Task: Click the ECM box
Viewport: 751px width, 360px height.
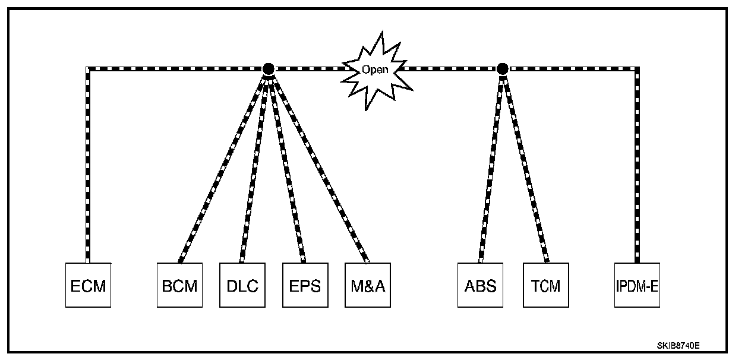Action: click(88, 285)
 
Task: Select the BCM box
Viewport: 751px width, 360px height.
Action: click(179, 285)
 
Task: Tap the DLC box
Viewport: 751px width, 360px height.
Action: click(242, 285)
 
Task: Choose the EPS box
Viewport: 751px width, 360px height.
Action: click(305, 285)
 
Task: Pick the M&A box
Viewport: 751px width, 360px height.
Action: click(368, 285)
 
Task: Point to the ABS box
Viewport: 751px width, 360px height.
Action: click(480, 285)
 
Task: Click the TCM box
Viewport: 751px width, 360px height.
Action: click(546, 285)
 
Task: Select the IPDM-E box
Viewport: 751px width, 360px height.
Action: click(637, 285)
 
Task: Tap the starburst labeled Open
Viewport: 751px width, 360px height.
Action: click(375, 70)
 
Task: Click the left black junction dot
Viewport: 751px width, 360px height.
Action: click(268, 68)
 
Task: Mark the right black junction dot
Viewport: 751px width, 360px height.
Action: click(502, 68)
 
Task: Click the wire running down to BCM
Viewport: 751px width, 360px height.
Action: click(223, 166)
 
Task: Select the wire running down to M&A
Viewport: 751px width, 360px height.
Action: click(318, 166)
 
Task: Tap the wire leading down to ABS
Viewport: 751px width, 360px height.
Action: click(491, 166)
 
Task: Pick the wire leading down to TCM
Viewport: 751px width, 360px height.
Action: click(524, 166)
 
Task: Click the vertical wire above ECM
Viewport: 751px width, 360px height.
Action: click(88, 166)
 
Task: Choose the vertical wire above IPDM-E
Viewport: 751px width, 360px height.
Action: click(638, 166)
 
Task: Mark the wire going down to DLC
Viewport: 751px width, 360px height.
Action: click(255, 166)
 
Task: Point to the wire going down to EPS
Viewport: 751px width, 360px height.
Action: click(286, 166)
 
